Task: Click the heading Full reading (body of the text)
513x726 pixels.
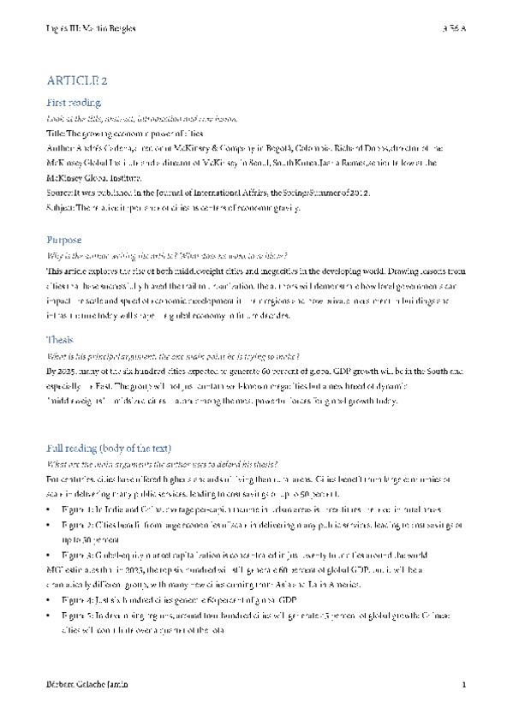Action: (109, 449)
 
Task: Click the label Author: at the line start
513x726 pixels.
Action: (60, 147)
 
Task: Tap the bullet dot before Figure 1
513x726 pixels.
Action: (51, 509)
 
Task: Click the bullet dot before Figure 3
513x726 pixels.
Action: (51, 555)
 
